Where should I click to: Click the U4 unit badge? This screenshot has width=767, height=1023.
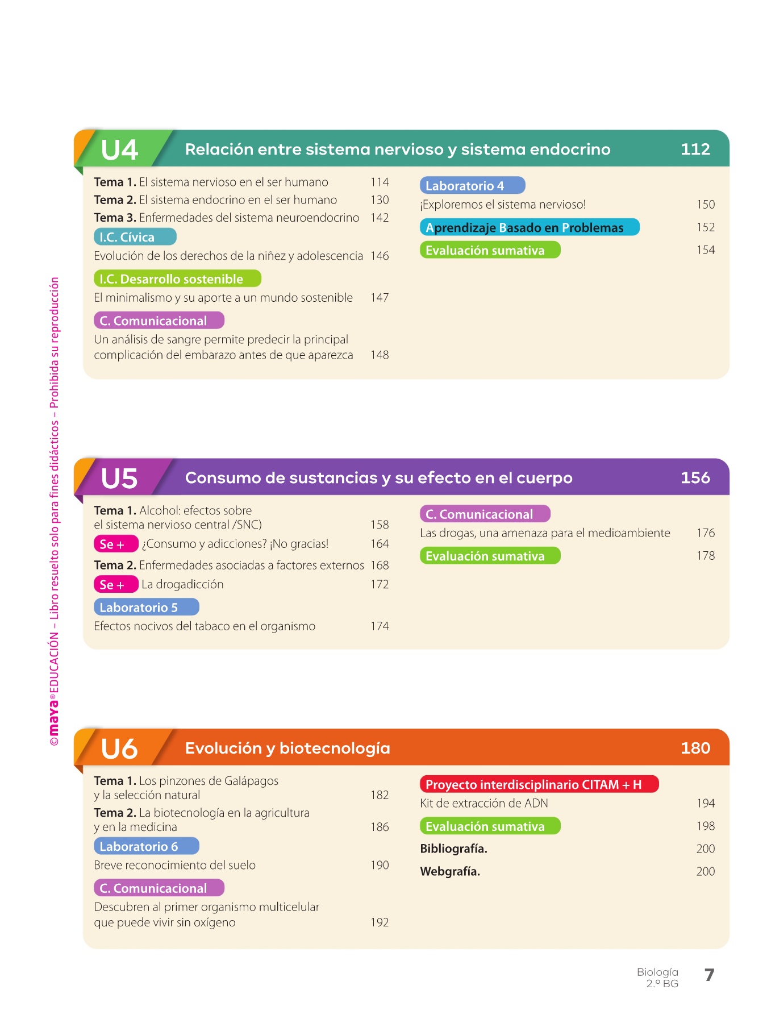tap(120, 150)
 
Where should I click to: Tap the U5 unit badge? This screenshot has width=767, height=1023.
tap(119, 479)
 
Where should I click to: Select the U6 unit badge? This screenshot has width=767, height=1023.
tap(119, 748)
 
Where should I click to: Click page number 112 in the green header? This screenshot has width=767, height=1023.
tap(695, 149)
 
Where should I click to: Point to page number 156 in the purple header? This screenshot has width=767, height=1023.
tap(695, 477)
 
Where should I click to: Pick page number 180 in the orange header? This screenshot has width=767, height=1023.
tap(695, 748)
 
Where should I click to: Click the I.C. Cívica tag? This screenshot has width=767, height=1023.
tap(135, 237)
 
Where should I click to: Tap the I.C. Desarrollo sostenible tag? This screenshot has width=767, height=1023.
tap(177, 279)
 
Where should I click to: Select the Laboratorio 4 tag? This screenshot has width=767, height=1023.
tap(472, 186)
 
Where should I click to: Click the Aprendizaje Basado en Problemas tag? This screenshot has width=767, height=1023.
tap(530, 228)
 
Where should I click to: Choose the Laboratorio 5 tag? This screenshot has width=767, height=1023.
tap(146, 608)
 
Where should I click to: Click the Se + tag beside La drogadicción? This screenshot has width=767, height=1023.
tap(115, 585)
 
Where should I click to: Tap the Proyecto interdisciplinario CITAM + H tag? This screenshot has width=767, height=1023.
tap(539, 785)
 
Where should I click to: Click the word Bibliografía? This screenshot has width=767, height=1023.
tap(453, 849)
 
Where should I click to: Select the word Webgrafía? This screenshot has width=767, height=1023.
tap(450, 872)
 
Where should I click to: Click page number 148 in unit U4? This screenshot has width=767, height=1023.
tap(380, 355)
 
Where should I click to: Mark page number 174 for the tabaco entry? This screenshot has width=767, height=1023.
tap(380, 626)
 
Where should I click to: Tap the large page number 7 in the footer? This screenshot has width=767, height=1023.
tap(709, 975)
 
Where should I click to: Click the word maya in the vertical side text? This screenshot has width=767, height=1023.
tap(54, 717)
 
